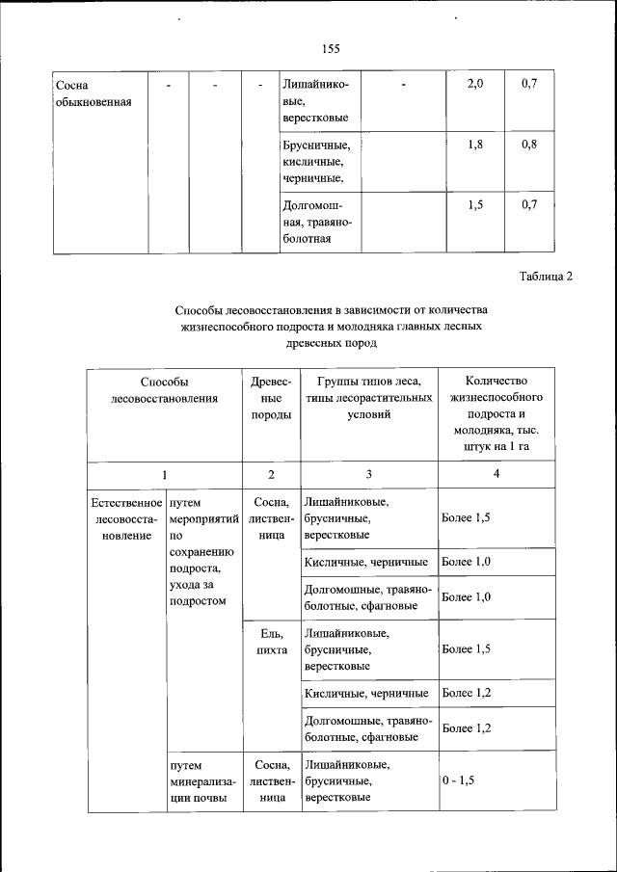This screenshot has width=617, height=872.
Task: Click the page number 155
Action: coord(332,49)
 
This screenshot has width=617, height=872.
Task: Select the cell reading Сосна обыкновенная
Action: coord(94,93)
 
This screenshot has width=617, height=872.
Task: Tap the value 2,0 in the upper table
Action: coord(474,85)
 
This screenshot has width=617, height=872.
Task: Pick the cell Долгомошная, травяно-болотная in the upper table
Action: coord(318,221)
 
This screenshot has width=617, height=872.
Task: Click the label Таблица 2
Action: coord(546,277)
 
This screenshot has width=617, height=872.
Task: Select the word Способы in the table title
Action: coord(201,310)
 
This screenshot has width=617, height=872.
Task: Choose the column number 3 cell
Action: coord(369,474)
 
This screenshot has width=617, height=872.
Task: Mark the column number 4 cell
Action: coord(496,474)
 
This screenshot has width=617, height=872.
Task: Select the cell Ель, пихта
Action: coord(271,642)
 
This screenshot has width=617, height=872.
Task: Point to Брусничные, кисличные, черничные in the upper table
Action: coord(318,161)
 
